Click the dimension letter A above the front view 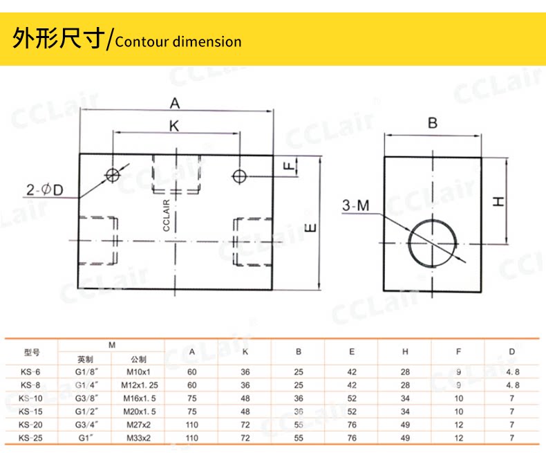coord(175,104)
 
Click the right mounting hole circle coord(239,175)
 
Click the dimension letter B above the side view coord(433,124)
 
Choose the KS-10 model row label coord(31,397)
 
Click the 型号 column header coord(32,352)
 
